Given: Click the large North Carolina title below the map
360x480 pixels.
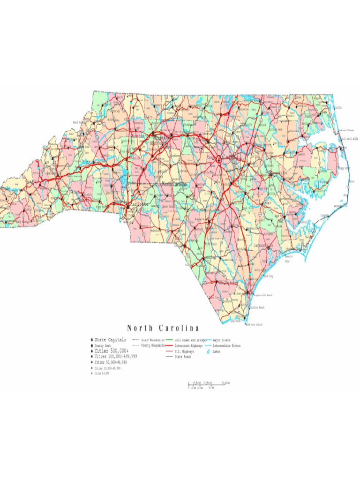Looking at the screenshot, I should [163, 328].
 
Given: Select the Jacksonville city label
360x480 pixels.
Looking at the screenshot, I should [263, 245].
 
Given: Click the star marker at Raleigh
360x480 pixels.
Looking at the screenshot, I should [218, 158].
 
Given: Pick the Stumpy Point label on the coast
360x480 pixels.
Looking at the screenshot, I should [344, 168].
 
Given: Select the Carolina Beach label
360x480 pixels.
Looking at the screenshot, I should [256, 307].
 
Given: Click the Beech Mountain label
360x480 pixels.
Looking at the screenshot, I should [78, 122].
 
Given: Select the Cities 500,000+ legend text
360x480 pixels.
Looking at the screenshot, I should [111, 351].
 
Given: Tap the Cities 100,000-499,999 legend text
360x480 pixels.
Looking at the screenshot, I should [115, 356].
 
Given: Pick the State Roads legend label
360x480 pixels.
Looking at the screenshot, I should [183, 357].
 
